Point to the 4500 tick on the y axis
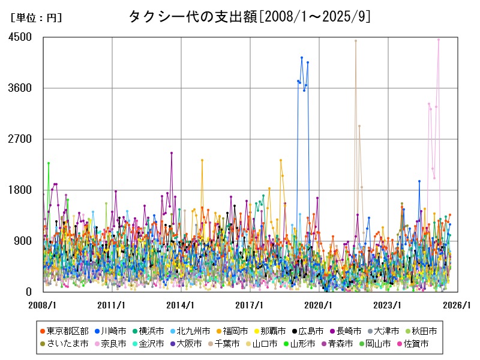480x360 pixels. click(x=20, y=37)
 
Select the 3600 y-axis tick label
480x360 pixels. click(x=20, y=88)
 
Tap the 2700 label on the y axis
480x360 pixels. click(x=20, y=139)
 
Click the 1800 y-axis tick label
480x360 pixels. click(x=20, y=190)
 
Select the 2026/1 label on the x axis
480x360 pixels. click(x=457, y=305)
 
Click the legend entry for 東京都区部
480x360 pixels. click(x=63, y=331)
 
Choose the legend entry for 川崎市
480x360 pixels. click(x=109, y=331)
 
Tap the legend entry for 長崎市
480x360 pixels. click(x=346, y=331)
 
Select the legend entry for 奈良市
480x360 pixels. click(x=109, y=344)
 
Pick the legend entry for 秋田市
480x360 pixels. click(x=423, y=331)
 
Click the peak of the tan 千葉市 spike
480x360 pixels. click(x=356, y=41)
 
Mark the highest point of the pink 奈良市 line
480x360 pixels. click(x=439, y=40)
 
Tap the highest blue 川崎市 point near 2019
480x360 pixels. click(x=302, y=58)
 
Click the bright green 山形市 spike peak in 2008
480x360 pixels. click(x=49, y=163)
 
